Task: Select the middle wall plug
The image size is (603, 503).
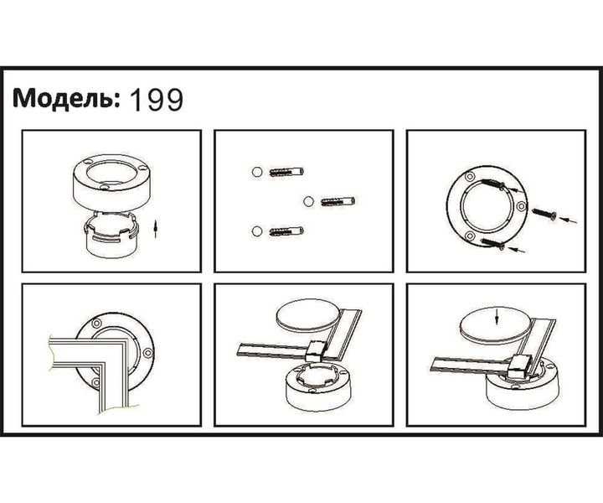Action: pyautogui.click(x=338, y=201)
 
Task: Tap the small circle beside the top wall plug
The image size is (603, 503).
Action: pyautogui.click(x=256, y=174)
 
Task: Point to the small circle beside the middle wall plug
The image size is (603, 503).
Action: pyautogui.click(x=307, y=200)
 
